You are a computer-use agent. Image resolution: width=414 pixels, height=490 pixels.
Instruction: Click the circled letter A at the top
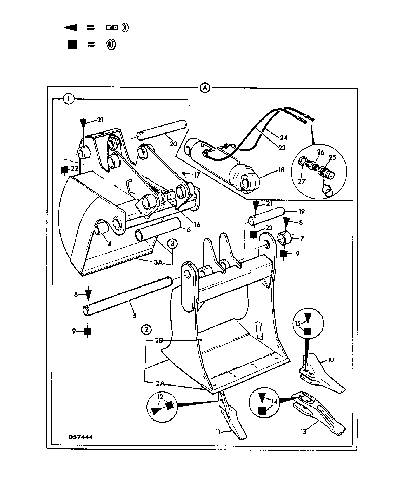click(x=205, y=88)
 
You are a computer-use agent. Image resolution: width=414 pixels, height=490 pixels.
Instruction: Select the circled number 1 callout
click(x=69, y=99)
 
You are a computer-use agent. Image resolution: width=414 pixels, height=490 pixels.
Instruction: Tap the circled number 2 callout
click(x=146, y=330)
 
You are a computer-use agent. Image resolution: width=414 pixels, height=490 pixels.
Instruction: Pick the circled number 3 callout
click(x=173, y=243)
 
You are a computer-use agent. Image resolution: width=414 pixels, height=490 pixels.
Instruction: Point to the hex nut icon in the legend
click(x=111, y=45)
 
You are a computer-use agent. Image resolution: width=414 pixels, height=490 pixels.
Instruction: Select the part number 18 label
click(x=281, y=170)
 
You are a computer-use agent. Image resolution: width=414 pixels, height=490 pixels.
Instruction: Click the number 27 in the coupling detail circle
click(x=301, y=181)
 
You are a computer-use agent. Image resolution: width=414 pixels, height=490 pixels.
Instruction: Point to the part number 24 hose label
click(x=283, y=137)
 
